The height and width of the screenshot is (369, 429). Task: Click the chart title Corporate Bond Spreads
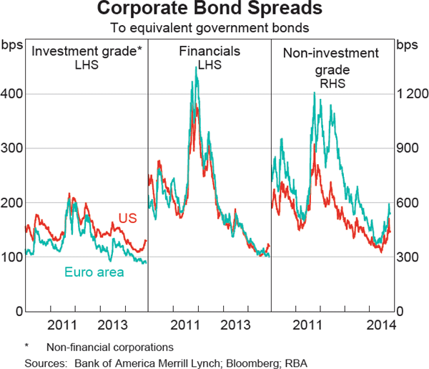(x=214, y=10)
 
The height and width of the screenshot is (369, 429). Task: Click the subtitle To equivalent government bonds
(x=214, y=29)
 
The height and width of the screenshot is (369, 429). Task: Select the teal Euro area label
(x=94, y=272)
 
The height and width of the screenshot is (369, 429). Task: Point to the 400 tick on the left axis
(x=13, y=94)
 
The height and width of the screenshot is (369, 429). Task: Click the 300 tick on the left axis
(x=13, y=148)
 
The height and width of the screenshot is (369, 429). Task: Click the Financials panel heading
(x=209, y=52)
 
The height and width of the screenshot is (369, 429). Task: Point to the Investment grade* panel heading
(x=88, y=52)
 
